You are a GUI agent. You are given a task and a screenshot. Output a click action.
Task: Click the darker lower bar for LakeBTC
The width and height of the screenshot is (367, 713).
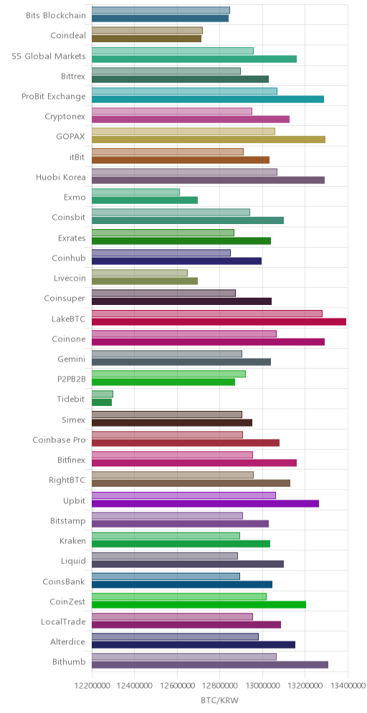pyautogui.click(x=219, y=322)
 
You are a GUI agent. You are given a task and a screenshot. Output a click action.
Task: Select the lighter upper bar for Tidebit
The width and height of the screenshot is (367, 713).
pyautogui.click(x=103, y=394)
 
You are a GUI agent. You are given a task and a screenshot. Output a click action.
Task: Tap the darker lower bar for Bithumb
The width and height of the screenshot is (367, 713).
pyautogui.click(x=210, y=665)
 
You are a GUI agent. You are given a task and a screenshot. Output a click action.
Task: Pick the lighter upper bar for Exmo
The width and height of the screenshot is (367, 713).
pyautogui.click(x=135, y=192)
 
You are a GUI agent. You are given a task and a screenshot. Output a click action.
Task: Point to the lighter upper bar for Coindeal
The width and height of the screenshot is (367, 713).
pyautogui.click(x=147, y=31)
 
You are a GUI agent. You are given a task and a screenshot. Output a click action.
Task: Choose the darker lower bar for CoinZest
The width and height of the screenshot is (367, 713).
pyautogui.click(x=199, y=604)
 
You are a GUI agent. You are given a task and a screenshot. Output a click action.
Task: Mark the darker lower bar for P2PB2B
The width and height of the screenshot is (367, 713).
pyautogui.click(x=163, y=382)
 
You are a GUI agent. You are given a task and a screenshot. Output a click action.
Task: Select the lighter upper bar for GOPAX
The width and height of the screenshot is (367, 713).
pyautogui.click(x=183, y=132)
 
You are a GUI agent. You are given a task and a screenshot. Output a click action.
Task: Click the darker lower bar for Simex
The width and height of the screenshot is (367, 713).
pyautogui.click(x=172, y=423)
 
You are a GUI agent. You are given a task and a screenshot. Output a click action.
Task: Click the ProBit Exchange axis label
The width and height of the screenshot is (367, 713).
pyautogui.click(x=54, y=97)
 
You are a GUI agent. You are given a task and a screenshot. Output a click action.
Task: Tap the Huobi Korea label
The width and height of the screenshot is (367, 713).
pyautogui.click(x=61, y=177)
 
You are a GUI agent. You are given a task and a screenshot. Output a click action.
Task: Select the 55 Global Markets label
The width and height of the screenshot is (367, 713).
pyautogui.click(x=49, y=56)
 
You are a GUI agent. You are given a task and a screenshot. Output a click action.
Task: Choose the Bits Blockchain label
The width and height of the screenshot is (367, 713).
pyautogui.click(x=56, y=16)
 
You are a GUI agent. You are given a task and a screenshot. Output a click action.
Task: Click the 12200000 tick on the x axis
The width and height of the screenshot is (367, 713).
pyautogui.click(x=92, y=685)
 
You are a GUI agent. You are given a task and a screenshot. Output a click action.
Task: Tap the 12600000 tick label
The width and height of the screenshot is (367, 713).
pyautogui.click(x=177, y=685)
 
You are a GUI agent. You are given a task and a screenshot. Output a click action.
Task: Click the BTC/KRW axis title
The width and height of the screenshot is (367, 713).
pyautogui.click(x=220, y=700)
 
